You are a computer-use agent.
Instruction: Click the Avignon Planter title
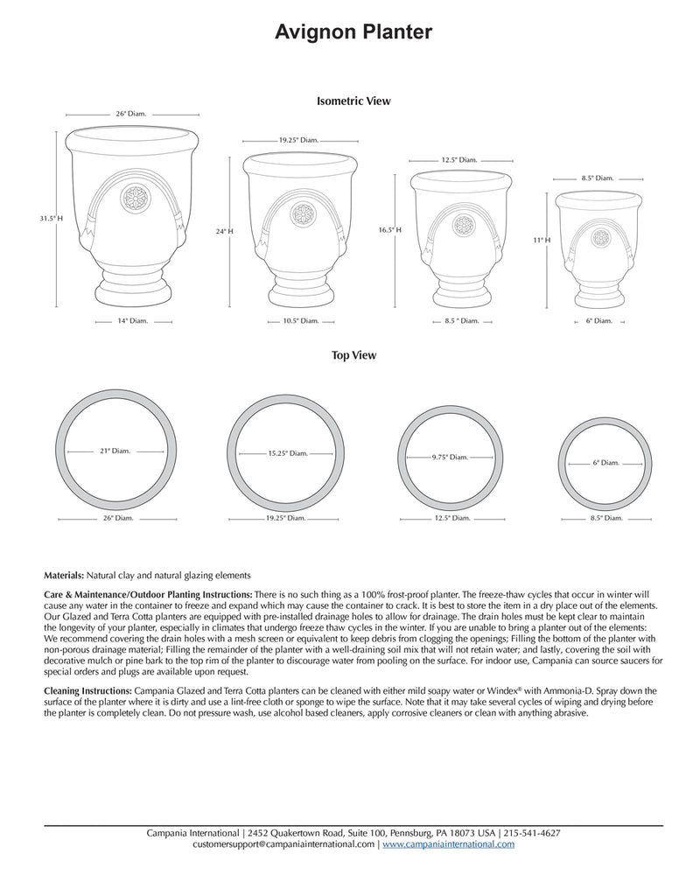coord(353,32)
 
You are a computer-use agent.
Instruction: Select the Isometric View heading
coord(353,101)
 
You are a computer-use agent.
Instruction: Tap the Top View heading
coord(353,356)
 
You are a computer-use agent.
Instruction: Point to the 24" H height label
coord(225,231)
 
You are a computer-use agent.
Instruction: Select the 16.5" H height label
coord(389,229)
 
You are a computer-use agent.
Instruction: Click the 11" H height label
coord(541,239)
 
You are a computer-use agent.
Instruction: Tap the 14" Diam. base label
coord(133,321)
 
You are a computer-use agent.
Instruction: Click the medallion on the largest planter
coord(135,198)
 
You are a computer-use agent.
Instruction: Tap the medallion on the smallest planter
coord(600,237)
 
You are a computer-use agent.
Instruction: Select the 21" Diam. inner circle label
coord(115,451)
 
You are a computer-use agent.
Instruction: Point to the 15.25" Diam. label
coord(288,453)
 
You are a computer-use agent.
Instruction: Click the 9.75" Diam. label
coord(450,457)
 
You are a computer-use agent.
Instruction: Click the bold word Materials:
coord(64,575)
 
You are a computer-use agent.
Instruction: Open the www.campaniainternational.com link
coord(448,844)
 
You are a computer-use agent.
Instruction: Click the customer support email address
coord(283,844)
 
